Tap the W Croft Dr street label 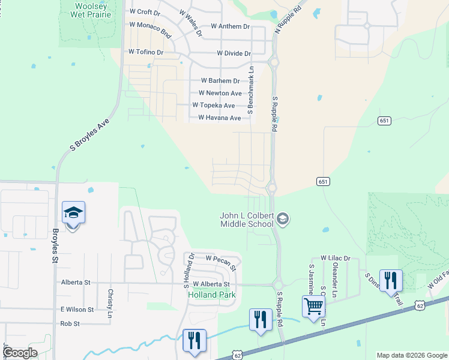click(145, 11)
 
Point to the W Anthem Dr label click(230, 26)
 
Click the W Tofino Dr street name click(146, 52)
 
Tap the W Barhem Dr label click(220, 80)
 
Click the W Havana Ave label click(220, 118)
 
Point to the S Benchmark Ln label click(251, 90)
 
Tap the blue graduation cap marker click(73, 212)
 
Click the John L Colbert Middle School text click(248, 220)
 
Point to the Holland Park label click(211, 295)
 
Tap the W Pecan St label click(221, 258)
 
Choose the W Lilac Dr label click(335, 258)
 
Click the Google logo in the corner click(20, 353)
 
